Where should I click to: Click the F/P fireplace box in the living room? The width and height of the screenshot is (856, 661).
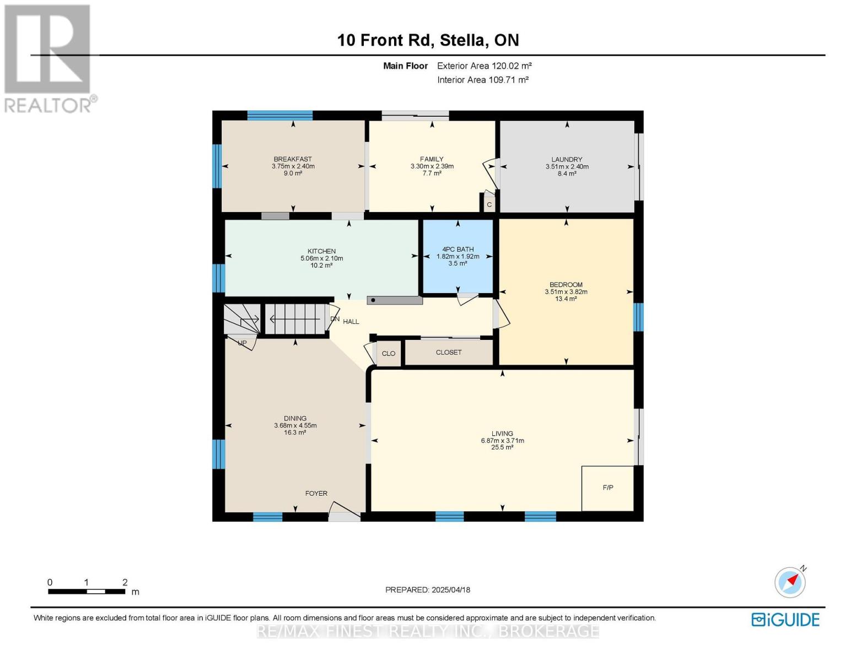(607, 488)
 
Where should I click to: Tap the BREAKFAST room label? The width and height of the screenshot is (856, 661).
(293, 159)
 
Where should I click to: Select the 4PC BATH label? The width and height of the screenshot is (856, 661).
(457, 249)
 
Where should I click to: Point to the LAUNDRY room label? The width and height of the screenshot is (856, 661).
(567, 159)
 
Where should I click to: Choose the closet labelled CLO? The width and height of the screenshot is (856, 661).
(389, 354)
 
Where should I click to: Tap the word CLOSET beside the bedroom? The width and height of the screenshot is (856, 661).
(449, 353)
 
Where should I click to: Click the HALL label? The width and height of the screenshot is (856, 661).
(351, 322)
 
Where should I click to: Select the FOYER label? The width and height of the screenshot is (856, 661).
(316, 494)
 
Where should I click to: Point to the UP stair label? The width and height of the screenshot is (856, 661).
(243, 343)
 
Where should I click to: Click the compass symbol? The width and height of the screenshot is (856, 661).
(790, 582)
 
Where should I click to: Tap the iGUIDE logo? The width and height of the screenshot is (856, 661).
(785, 620)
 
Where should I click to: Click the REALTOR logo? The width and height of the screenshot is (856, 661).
(49, 59)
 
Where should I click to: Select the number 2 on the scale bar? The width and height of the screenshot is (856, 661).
(125, 582)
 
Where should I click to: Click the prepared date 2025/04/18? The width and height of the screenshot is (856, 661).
(451, 590)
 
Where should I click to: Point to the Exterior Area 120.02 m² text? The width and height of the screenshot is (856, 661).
(484, 66)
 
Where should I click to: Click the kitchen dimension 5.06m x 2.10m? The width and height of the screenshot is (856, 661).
(322, 258)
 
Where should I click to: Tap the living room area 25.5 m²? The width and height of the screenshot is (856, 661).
(502, 447)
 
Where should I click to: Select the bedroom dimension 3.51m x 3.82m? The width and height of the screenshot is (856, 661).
(566, 292)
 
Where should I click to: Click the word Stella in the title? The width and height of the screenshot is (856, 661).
(462, 40)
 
